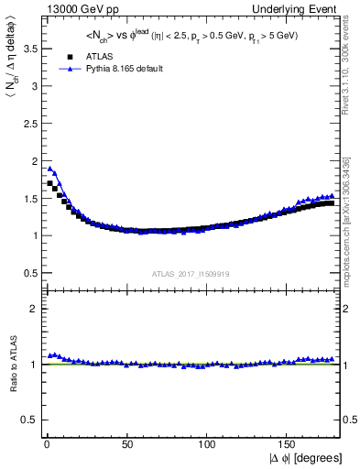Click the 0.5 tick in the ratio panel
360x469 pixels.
(x=27, y=420)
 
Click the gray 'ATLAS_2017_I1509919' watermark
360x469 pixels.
(x=191, y=273)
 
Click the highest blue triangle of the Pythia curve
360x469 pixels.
(x=50, y=169)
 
